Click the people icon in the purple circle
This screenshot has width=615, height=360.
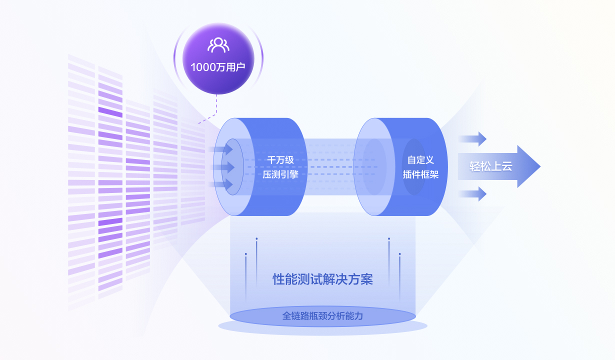218,45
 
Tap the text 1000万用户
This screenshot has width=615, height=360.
218,66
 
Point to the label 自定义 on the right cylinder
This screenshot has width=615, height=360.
420,160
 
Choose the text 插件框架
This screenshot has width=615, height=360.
420,174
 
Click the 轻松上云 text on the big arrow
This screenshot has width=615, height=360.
490,166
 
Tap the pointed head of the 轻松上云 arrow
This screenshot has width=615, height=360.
530,166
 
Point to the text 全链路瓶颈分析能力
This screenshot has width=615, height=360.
322,316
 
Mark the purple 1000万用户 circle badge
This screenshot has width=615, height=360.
218,57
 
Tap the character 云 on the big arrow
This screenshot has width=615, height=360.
507,166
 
